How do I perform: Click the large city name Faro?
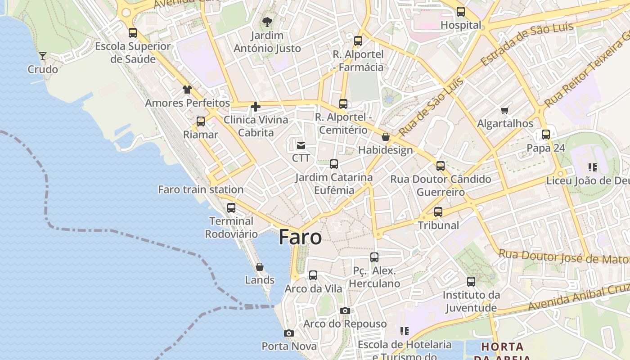point(300,237)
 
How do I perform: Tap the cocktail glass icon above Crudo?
point(43,56)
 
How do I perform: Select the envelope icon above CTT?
point(301,145)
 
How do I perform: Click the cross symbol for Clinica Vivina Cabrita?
point(256,107)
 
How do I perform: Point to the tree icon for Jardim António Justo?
point(267,22)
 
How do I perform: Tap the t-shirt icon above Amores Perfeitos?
point(187,90)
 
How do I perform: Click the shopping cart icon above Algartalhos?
point(505,110)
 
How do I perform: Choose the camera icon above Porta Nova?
point(289,333)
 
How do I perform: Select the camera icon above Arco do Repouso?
point(345,311)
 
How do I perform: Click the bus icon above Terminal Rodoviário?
point(231,208)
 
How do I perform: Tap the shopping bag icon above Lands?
point(260,267)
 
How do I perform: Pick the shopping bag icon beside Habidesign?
point(386,137)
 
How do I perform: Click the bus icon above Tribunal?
point(438,212)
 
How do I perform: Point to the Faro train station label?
point(201,189)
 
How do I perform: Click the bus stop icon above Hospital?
point(461,12)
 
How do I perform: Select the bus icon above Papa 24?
point(546,135)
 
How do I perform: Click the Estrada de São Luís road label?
point(527,43)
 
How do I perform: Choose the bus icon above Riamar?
point(201,121)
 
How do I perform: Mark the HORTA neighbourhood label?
point(502,347)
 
